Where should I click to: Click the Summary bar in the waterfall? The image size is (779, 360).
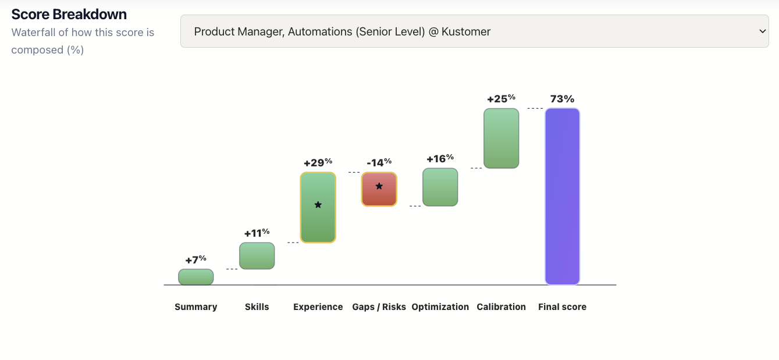195,277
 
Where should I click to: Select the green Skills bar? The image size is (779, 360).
257,256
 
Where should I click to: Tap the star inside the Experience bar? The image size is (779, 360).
318,205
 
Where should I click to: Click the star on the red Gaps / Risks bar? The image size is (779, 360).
379,186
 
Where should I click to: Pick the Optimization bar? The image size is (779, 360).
440,187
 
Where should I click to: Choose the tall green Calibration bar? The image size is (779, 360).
501,138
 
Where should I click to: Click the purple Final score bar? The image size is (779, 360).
562,196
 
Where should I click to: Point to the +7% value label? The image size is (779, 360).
195,259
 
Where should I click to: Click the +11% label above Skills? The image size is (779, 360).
257,233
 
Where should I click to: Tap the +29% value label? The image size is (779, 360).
318,162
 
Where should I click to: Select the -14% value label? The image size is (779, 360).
379,162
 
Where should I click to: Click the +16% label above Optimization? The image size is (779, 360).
440,159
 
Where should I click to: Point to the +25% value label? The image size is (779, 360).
501,98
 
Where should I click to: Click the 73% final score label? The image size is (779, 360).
562,99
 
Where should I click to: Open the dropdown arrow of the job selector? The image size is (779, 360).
762,31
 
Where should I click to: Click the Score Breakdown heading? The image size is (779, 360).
69,14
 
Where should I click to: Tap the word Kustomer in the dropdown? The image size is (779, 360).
466,31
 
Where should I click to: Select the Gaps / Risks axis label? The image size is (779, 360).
379,306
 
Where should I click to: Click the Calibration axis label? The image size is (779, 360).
501,306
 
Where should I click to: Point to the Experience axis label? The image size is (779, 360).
318,306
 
